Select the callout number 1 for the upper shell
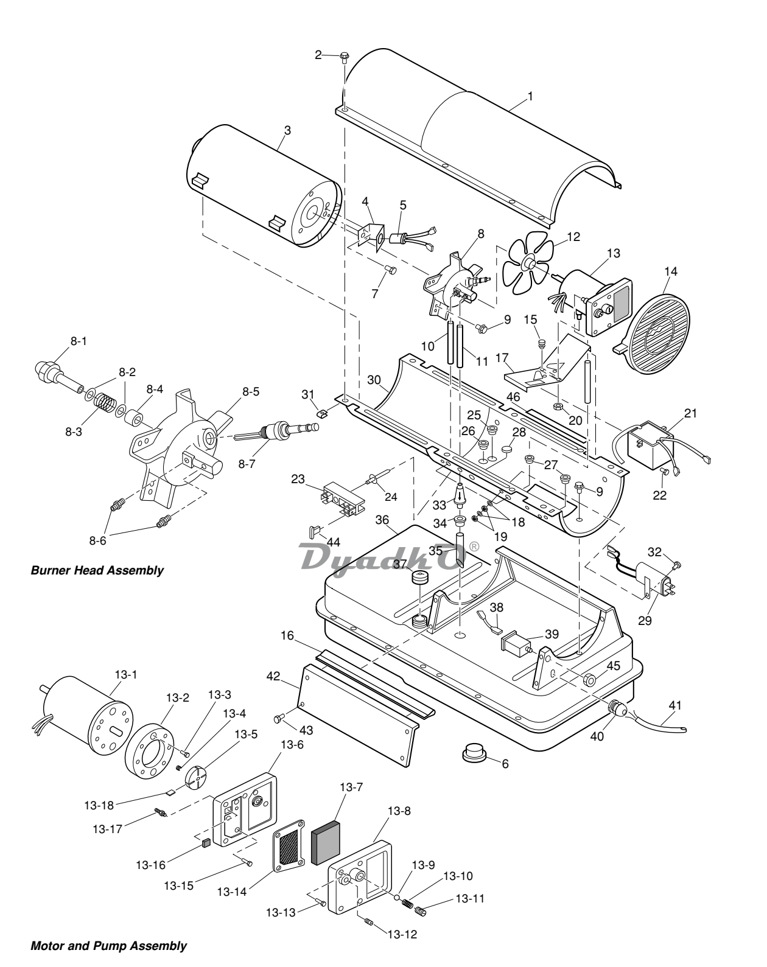(x=530, y=96)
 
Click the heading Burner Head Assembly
(x=97, y=570)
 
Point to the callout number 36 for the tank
(x=382, y=520)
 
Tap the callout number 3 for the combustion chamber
(x=288, y=130)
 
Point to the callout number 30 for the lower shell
(x=374, y=380)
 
